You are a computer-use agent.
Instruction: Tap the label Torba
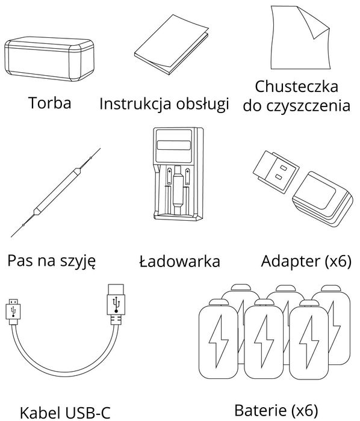(x=49, y=103)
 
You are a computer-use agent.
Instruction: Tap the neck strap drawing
(x=55, y=191)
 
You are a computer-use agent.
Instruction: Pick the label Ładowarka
(x=179, y=262)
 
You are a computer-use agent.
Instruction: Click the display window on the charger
(x=175, y=146)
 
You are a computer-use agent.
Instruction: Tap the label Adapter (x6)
(x=306, y=262)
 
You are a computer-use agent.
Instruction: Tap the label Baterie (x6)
(x=275, y=411)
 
